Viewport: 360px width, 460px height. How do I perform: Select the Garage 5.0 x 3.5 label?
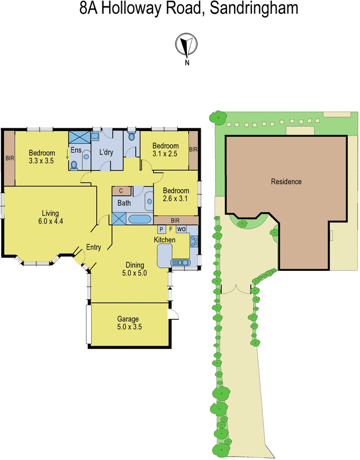[129, 323]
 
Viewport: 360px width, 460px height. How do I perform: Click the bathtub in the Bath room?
[138, 219]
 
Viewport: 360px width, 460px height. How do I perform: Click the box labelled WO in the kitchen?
[181, 229]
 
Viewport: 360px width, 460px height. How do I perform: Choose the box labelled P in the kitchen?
[162, 229]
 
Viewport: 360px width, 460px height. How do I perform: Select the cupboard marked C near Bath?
[121, 191]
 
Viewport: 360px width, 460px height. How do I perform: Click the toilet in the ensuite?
[74, 165]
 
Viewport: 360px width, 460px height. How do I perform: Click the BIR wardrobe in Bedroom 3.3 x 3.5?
[9, 158]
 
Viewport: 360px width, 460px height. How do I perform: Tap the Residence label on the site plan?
[286, 182]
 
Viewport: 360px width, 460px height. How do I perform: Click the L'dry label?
[106, 152]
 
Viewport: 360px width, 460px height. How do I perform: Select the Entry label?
[93, 248]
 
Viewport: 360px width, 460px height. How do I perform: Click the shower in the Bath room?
[119, 218]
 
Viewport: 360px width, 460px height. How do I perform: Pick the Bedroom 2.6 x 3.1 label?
[175, 194]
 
